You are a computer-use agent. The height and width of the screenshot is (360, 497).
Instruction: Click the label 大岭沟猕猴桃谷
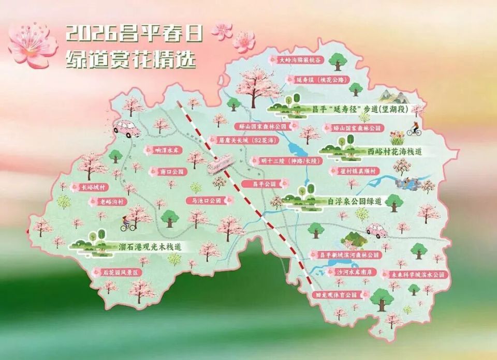point(299,60)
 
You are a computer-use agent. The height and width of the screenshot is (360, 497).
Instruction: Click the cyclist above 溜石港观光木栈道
point(126,223)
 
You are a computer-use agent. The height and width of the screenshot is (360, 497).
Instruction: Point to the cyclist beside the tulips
point(415,128)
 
